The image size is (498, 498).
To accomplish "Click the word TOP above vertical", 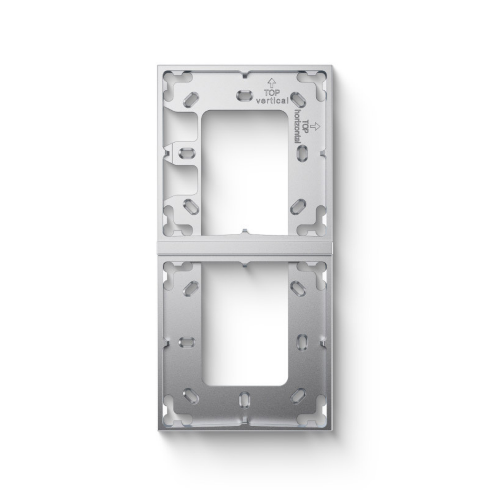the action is tap(271, 93).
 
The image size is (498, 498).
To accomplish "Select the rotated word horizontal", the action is tap(298, 126).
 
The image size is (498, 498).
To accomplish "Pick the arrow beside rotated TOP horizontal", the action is tap(316, 126).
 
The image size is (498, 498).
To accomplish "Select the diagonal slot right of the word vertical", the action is tap(299, 99).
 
